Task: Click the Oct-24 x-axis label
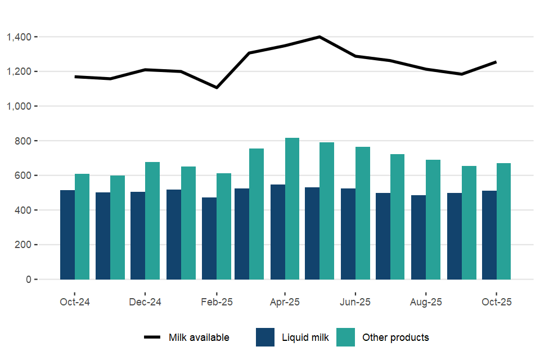click(x=75, y=302)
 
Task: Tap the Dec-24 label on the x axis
click(x=145, y=302)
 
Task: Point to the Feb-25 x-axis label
click(x=217, y=302)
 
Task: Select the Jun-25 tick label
click(x=355, y=302)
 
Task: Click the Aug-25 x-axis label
click(x=426, y=302)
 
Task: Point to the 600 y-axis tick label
click(x=24, y=175)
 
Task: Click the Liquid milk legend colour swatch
click(x=265, y=337)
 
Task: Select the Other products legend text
click(x=395, y=337)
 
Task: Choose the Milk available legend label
click(x=199, y=337)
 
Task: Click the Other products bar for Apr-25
click(x=292, y=209)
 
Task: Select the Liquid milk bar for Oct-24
click(x=67, y=235)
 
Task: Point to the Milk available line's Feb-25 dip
click(x=217, y=88)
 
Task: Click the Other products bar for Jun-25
click(x=363, y=213)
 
